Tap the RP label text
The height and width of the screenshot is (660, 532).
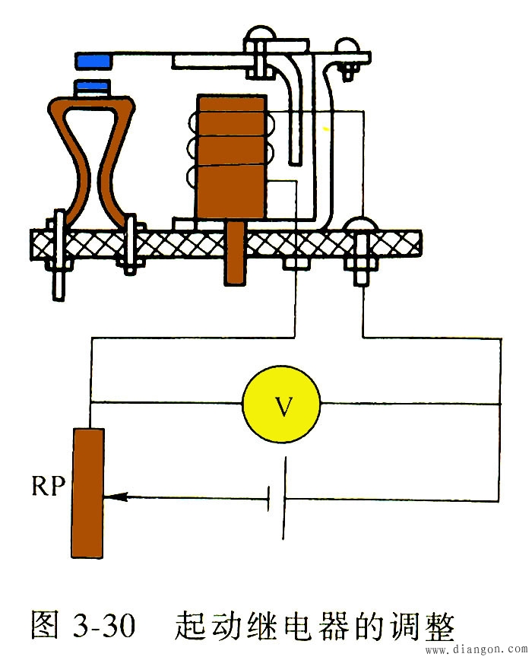click(48, 487)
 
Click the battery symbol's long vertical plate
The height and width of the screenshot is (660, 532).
click(285, 498)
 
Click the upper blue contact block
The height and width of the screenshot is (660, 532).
click(93, 59)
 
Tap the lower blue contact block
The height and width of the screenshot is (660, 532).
click(93, 87)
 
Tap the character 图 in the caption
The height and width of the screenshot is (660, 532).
click(47, 625)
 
